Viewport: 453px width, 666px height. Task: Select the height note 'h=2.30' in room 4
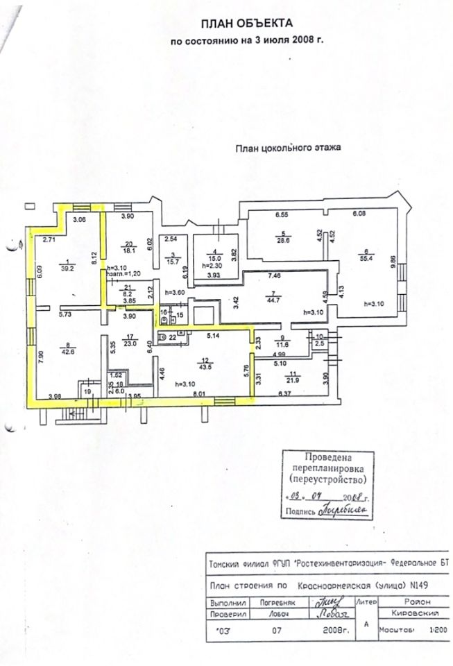[207, 264]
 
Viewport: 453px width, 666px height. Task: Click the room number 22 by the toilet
[173, 337]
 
